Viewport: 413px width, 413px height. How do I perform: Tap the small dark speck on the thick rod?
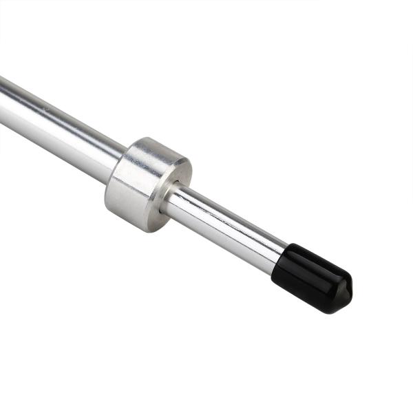pos(46,108)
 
